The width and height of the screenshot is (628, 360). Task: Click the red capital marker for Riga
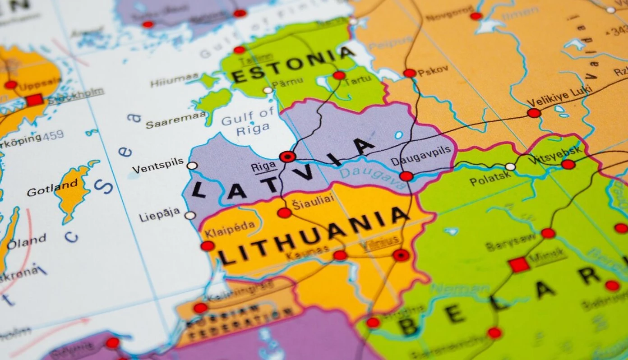pyautogui.click(x=287, y=157)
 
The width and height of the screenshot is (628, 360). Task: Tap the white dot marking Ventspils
pyautogui.click(x=192, y=166)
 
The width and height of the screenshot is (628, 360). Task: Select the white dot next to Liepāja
pyautogui.click(x=190, y=215)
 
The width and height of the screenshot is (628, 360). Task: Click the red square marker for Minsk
pyautogui.click(x=519, y=264)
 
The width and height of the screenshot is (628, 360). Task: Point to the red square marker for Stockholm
pyautogui.click(x=34, y=100)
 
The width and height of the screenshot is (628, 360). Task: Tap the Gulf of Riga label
pyautogui.click(x=248, y=121)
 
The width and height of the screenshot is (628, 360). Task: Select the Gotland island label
pyautogui.click(x=52, y=189)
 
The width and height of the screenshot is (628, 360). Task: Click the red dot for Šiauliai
pyautogui.click(x=284, y=212)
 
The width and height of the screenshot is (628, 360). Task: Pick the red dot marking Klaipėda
pyautogui.click(x=208, y=246)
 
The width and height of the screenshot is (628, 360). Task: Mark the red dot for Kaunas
pyautogui.click(x=340, y=255)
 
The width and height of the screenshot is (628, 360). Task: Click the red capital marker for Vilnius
pyautogui.click(x=401, y=255)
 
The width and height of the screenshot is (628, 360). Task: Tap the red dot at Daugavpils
pyautogui.click(x=406, y=176)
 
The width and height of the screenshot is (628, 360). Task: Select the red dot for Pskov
pyautogui.click(x=410, y=73)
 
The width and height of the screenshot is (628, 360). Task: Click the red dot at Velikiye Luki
pyautogui.click(x=534, y=113)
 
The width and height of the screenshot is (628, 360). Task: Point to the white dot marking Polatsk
pyautogui.click(x=510, y=166)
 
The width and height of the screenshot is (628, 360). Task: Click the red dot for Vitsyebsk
pyautogui.click(x=568, y=164)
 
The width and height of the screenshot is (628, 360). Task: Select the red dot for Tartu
pyautogui.click(x=339, y=75)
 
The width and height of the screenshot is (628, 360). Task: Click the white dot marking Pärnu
pyautogui.click(x=268, y=90)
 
